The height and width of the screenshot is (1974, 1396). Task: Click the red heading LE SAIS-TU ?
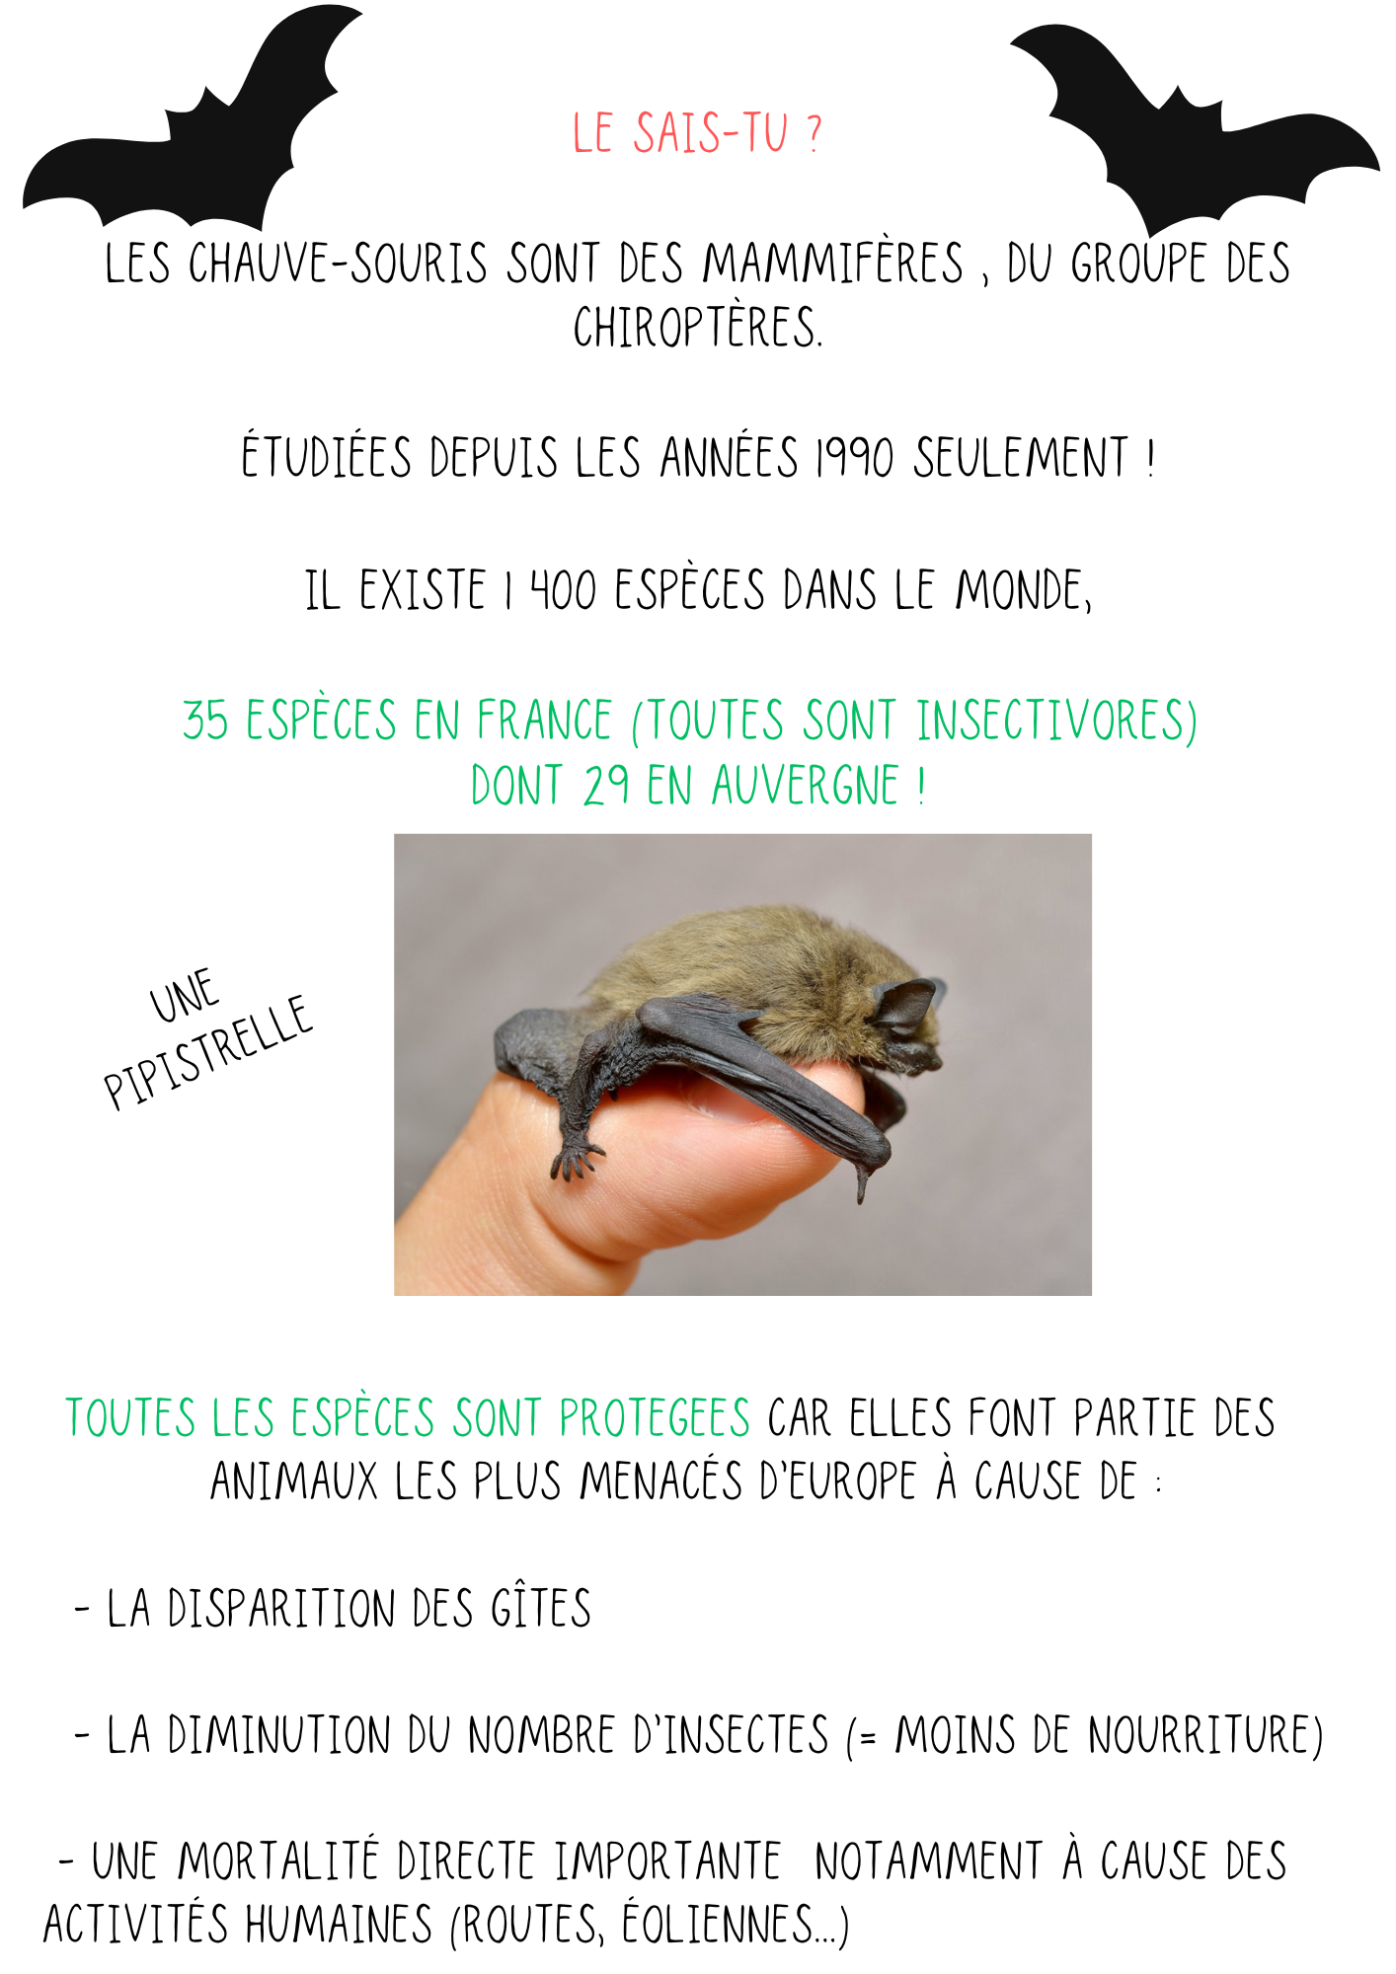point(697,133)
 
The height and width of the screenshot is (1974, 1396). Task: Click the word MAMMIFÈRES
point(832,264)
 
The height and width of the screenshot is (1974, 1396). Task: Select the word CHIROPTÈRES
point(697,327)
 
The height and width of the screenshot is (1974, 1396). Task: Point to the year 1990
point(855,458)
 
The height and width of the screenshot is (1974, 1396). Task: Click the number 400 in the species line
point(564,590)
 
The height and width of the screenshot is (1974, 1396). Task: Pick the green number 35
point(205,720)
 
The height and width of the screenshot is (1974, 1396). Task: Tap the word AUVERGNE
point(806,786)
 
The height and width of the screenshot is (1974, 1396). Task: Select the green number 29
point(605,786)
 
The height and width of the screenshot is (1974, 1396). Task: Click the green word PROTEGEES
point(655,1418)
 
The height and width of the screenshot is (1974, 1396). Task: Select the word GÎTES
point(541,1608)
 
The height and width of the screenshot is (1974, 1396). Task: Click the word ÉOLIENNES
point(718,1925)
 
